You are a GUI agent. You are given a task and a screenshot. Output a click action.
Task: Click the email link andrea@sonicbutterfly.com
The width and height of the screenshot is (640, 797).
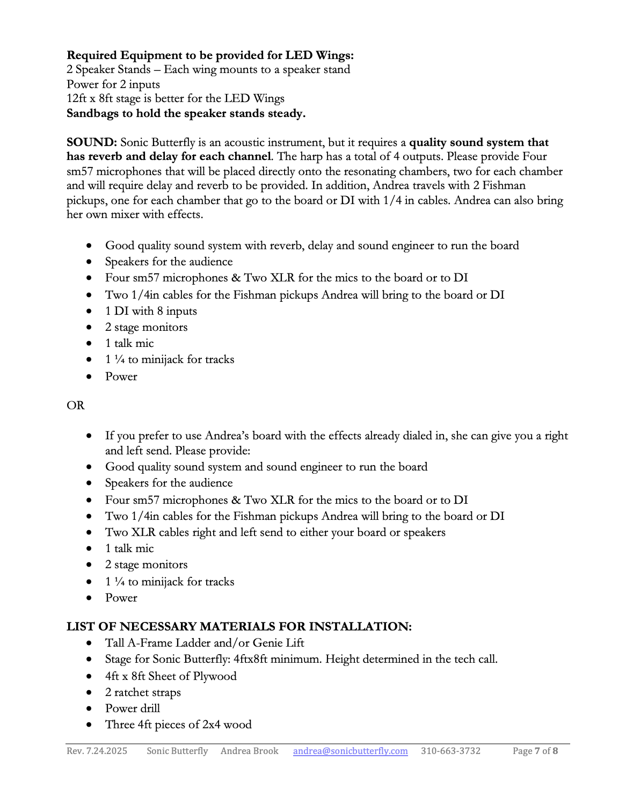tap(350, 751)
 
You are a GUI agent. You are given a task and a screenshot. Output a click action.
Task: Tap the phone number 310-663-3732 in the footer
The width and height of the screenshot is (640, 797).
tap(450, 751)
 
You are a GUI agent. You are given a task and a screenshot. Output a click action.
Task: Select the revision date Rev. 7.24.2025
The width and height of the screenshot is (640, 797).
tap(97, 751)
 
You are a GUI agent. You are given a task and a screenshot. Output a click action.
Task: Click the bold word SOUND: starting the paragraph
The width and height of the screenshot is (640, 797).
tap(92, 142)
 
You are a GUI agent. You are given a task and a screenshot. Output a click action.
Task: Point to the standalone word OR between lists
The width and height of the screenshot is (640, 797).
tap(76, 405)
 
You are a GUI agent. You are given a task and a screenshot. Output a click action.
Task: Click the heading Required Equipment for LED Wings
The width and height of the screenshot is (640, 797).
tap(210, 55)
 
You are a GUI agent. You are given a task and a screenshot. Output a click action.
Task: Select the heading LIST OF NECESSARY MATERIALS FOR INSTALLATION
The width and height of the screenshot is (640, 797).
tap(239, 627)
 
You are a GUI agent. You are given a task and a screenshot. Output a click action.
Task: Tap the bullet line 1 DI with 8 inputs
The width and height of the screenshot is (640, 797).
tap(151, 311)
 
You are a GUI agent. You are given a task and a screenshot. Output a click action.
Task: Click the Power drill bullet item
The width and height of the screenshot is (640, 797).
tap(133, 708)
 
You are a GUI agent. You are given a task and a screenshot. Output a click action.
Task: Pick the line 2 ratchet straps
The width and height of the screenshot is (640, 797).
tap(143, 692)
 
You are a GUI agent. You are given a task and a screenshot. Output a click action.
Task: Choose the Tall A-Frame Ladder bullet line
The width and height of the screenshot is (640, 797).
tap(205, 643)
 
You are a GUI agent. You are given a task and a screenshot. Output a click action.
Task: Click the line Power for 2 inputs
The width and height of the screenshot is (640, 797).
tap(113, 84)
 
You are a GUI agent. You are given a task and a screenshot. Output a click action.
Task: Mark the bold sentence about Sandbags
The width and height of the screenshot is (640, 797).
tap(186, 113)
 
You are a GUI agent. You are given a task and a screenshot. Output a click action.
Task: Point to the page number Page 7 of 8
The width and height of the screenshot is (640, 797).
tap(535, 751)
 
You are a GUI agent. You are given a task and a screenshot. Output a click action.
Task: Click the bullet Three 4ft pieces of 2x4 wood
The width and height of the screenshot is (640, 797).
tap(178, 724)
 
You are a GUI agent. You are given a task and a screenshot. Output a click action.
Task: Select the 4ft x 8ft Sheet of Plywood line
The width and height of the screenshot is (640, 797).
tap(171, 676)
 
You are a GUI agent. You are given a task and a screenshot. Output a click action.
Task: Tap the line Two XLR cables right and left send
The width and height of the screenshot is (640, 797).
tap(275, 532)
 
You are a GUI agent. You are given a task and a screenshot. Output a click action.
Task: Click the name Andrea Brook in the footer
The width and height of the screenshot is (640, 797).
tap(249, 751)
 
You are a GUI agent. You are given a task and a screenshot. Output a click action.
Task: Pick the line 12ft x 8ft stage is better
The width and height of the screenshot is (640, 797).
tap(176, 99)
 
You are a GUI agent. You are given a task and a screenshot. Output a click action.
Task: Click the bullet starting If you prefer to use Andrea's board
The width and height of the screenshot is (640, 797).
tap(336, 436)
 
